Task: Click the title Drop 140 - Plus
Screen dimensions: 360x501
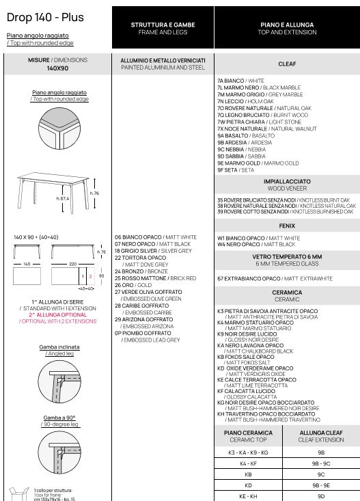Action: pos(45,17)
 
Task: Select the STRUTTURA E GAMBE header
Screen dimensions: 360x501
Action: pos(163,25)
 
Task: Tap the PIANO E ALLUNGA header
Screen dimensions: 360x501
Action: pos(287,25)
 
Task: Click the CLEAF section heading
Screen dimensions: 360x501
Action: pos(287,64)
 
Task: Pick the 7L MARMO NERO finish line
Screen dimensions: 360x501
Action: pos(259,87)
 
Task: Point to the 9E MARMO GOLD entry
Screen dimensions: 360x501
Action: pos(258,163)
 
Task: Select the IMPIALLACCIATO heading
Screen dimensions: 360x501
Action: pos(287,182)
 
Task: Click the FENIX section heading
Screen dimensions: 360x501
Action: pos(287,226)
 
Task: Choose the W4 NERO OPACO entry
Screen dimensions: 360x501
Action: pos(256,245)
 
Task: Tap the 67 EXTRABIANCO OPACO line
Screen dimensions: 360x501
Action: pos(275,279)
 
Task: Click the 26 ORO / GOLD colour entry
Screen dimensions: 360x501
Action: pos(133,285)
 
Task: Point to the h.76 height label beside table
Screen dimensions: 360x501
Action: pos(94,193)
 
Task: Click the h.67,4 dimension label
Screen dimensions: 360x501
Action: pos(63,198)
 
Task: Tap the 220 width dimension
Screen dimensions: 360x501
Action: pos(73,265)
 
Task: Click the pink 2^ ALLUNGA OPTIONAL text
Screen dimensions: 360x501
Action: pos(58,314)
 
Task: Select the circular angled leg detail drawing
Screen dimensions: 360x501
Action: pos(59,382)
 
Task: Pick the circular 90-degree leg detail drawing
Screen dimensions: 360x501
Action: pos(59,452)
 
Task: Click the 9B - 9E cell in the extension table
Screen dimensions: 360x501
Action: pos(321,485)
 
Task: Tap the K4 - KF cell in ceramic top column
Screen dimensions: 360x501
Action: pos(248,463)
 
